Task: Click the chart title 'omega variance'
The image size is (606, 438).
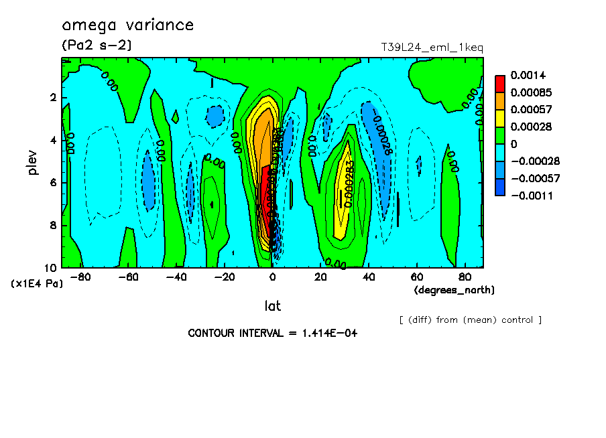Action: (127, 25)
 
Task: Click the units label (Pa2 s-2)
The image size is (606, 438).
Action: (97, 45)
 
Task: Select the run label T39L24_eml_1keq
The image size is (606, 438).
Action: (432, 48)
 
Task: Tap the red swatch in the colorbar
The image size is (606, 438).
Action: (499, 84)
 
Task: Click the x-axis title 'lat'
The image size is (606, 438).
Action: (272, 306)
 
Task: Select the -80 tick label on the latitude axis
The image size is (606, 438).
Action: (80, 277)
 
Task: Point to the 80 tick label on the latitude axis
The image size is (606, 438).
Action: (464, 277)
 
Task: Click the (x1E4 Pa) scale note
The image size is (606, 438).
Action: (37, 284)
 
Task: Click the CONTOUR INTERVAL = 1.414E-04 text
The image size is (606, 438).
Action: (272, 333)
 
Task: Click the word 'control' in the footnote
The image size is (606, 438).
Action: (517, 319)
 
